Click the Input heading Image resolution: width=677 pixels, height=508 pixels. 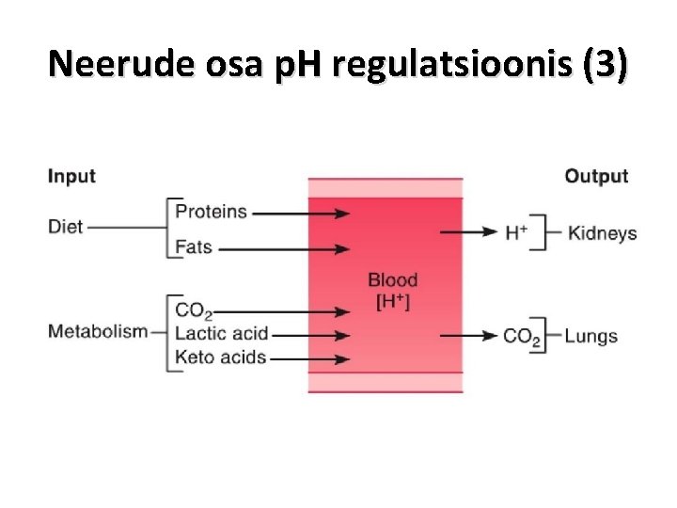(x=71, y=177)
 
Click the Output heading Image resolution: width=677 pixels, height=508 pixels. (x=596, y=177)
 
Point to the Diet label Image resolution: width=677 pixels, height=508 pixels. (x=66, y=227)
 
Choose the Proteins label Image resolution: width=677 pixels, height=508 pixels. (x=212, y=212)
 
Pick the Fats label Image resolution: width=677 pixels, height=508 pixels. (x=195, y=247)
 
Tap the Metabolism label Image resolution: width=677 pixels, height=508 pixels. (x=98, y=331)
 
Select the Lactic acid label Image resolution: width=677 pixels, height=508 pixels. (x=222, y=333)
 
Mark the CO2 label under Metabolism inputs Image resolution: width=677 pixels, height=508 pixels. (x=194, y=310)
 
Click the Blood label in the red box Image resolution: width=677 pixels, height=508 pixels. (x=392, y=279)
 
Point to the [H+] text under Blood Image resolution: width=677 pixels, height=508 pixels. (x=392, y=301)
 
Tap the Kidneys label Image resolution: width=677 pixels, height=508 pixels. (x=603, y=233)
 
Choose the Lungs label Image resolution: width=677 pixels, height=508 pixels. (x=591, y=336)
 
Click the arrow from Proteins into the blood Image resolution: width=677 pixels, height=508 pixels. (x=301, y=214)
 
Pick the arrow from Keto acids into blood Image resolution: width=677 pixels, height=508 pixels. (x=309, y=358)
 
